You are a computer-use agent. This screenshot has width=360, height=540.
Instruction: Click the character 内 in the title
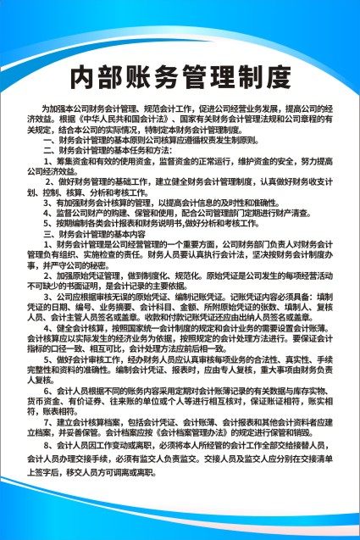point(82,77)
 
